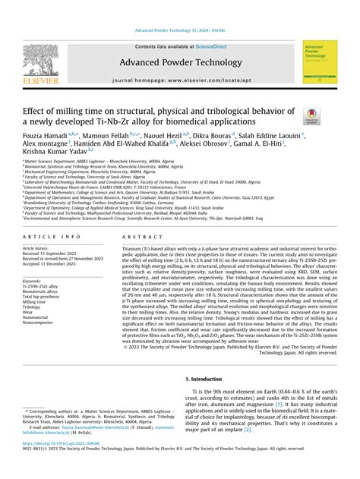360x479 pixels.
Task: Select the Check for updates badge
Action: coord(311,116)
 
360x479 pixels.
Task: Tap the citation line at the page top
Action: coord(180,30)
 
